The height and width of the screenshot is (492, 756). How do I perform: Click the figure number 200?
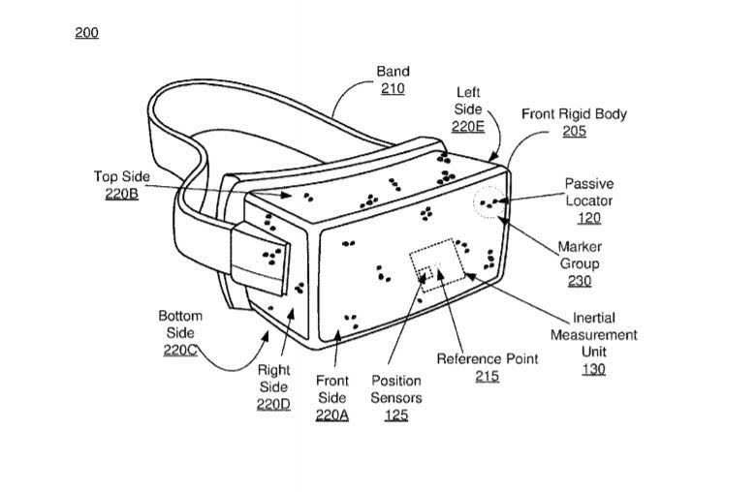pyautogui.click(x=87, y=33)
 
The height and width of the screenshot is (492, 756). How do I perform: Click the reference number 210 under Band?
pyautogui.click(x=393, y=89)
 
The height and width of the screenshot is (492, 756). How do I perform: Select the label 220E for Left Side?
pyautogui.click(x=468, y=126)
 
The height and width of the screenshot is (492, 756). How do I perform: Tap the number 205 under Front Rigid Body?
pyautogui.click(x=574, y=131)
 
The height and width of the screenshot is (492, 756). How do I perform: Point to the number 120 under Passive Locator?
pyautogui.click(x=589, y=218)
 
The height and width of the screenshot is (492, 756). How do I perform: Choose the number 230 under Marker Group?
pyautogui.click(x=579, y=281)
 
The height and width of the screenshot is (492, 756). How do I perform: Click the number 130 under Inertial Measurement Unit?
pyautogui.click(x=593, y=369)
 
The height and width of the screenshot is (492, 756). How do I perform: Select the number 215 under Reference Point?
pyautogui.click(x=487, y=377)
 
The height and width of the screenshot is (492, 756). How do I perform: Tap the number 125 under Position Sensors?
pyautogui.click(x=396, y=415)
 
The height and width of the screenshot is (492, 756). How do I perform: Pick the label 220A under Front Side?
pyautogui.click(x=331, y=415)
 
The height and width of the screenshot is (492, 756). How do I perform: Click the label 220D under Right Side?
pyautogui.click(x=273, y=404)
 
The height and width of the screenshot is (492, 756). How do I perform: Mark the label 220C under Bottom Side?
pyautogui.click(x=180, y=350)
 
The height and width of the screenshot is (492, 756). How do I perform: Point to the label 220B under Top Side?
pyautogui.click(x=121, y=194)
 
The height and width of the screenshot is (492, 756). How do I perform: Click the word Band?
pyautogui.click(x=393, y=72)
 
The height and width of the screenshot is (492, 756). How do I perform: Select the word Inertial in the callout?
pyautogui.click(x=593, y=318)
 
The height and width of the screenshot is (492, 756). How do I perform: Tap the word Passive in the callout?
pyautogui.click(x=589, y=184)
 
